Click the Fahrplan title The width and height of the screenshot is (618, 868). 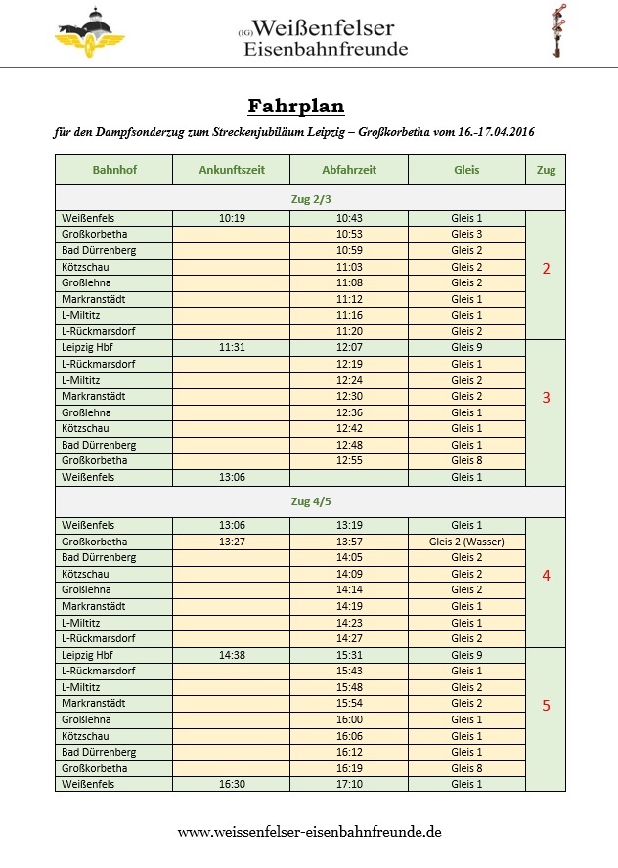[x=296, y=106]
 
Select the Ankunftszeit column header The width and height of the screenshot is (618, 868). [x=232, y=170]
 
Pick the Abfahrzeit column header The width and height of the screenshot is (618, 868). [x=349, y=170]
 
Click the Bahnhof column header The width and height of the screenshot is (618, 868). [x=114, y=170]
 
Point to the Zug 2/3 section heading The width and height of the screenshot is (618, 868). [x=311, y=198]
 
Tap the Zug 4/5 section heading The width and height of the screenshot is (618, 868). [x=311, y=502]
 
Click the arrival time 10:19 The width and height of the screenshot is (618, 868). [x=232, y=219]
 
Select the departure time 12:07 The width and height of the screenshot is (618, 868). [x=349, y=348]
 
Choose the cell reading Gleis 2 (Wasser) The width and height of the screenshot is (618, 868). [x=466, y=542]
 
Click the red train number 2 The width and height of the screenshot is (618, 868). [x=546, y=269]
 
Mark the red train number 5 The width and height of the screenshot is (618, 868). [x=546, y=706]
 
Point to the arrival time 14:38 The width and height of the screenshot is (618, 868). [x=232, y=655]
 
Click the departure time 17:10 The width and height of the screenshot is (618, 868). [x=349, y=784]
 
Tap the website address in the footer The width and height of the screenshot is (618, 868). [x=309, y=832]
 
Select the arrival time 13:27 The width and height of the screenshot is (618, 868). [x=232, y=542]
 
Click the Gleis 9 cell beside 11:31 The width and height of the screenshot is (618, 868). [x=466, y=348]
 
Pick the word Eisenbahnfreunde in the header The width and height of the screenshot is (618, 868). [x=326, y=50]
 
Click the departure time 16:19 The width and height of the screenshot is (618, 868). [x=349, y=768]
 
